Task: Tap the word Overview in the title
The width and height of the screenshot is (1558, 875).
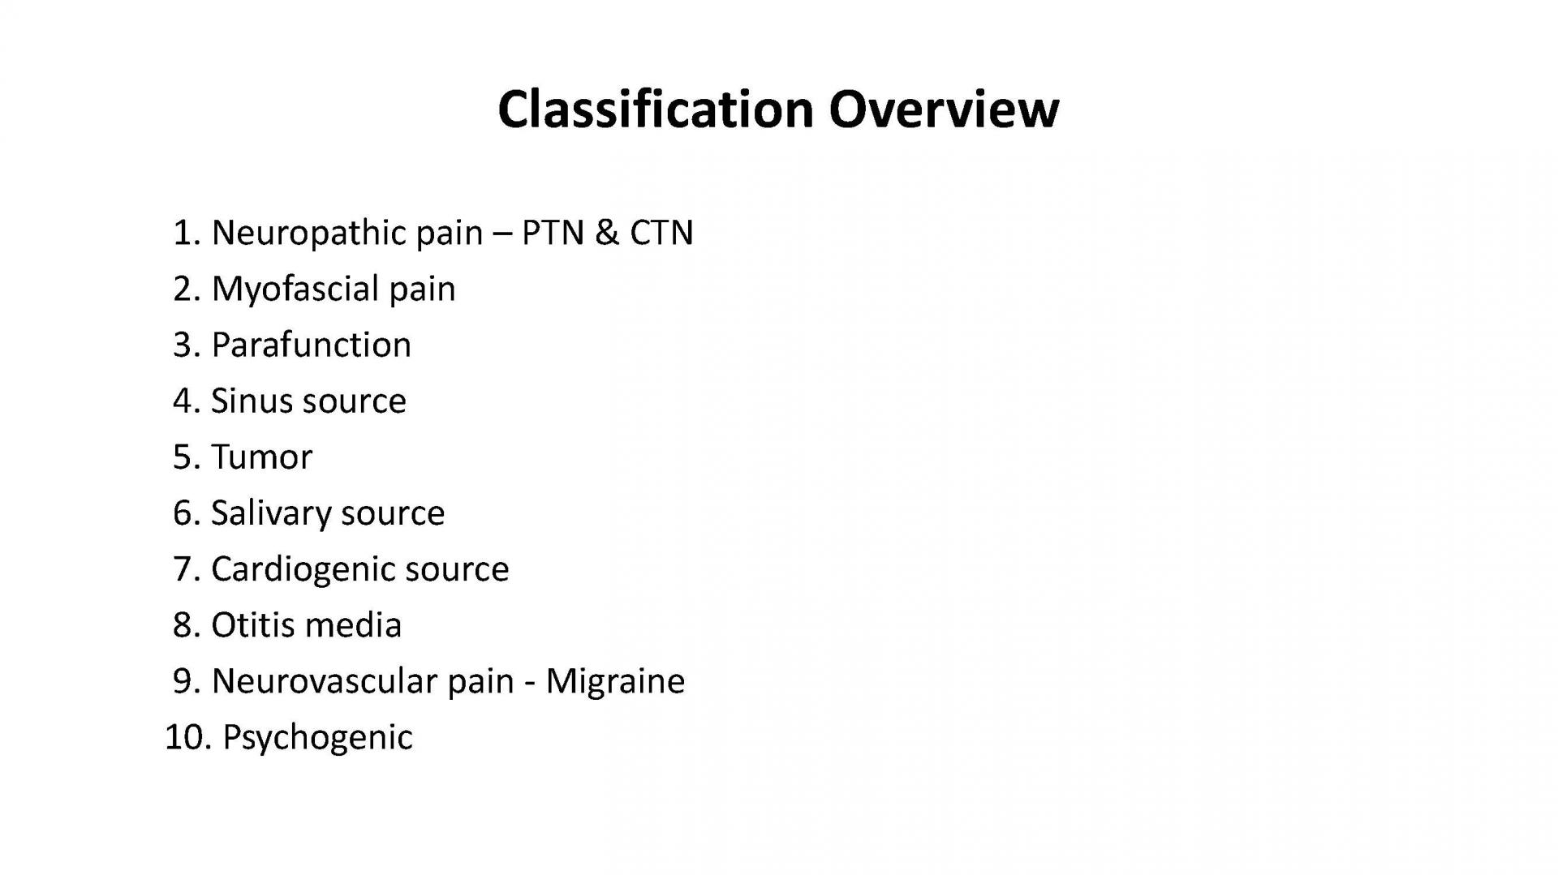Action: click(944, 109)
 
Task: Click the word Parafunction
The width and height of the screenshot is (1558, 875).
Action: click(312, 345)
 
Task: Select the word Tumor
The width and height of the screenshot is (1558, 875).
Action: click(261, 457)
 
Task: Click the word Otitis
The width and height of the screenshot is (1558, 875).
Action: click(252, 625)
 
